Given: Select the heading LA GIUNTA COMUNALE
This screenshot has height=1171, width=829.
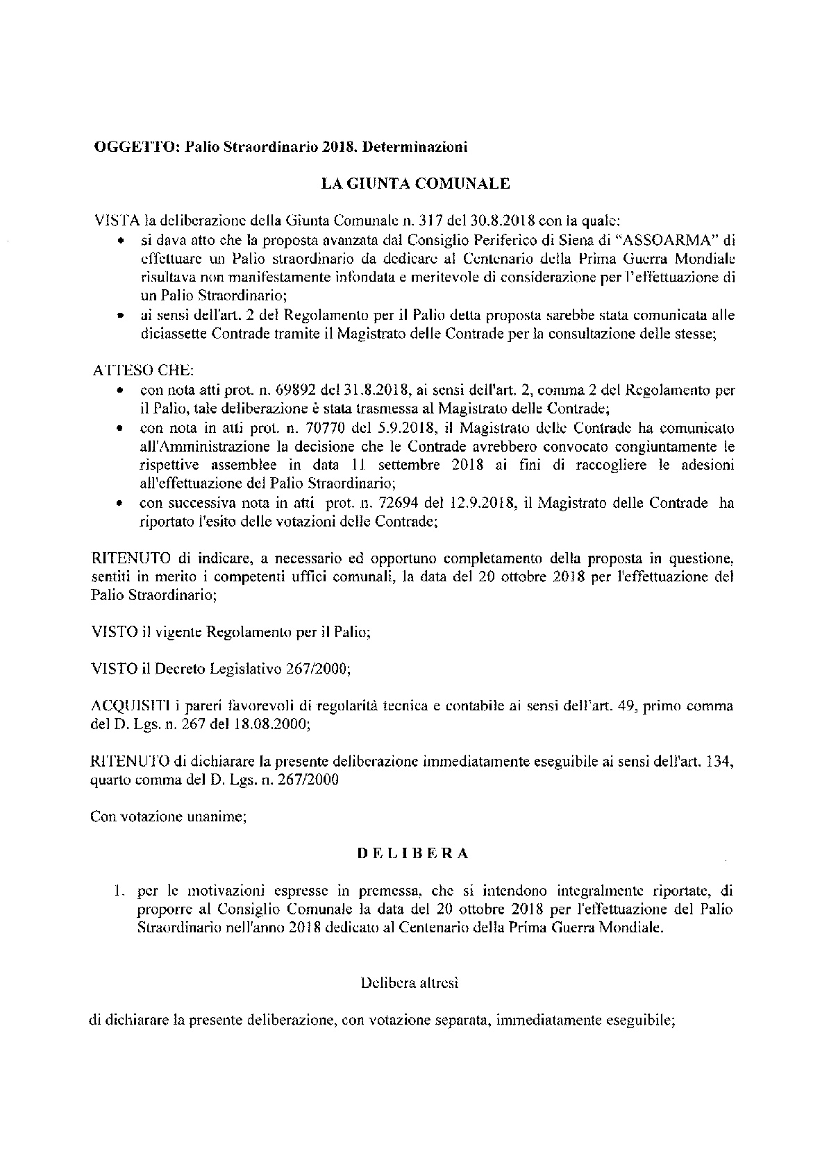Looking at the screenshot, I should (x=414, y=184).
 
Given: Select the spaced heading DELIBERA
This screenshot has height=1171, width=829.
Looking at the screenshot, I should (x=413, y=854).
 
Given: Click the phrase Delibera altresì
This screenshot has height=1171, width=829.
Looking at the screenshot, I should (x=410, y=982).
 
